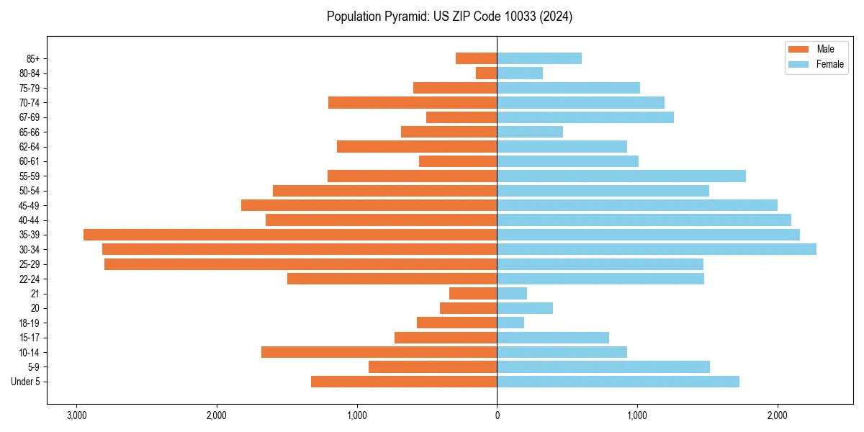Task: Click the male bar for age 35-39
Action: click(x=290, y=235)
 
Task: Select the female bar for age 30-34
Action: click(x=657, y=249)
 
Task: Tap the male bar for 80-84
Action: click(x=486, y=73)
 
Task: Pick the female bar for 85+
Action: click(x=539, y=58)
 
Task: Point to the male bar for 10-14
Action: click(x=379, y=352)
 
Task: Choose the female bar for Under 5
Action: click(x=618, y=382)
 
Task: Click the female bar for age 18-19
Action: click(x=510, y=323)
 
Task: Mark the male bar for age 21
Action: click(x=473, y=294)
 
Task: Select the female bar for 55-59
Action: click(x=621, y=176)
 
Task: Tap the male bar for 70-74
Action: click(x=413, y=103)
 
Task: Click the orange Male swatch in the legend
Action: click(x=799, y=49)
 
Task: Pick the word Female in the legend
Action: click(x=830, y=64)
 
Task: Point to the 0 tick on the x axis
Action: click(x=497, y=415)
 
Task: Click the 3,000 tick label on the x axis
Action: click(x=76, y=415)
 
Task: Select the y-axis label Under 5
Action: click(x=26, y=382)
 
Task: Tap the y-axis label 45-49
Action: click(x=30, y=205)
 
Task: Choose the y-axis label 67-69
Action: click(x=30, y=117)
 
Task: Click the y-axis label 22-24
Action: click(x=30, y=279)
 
